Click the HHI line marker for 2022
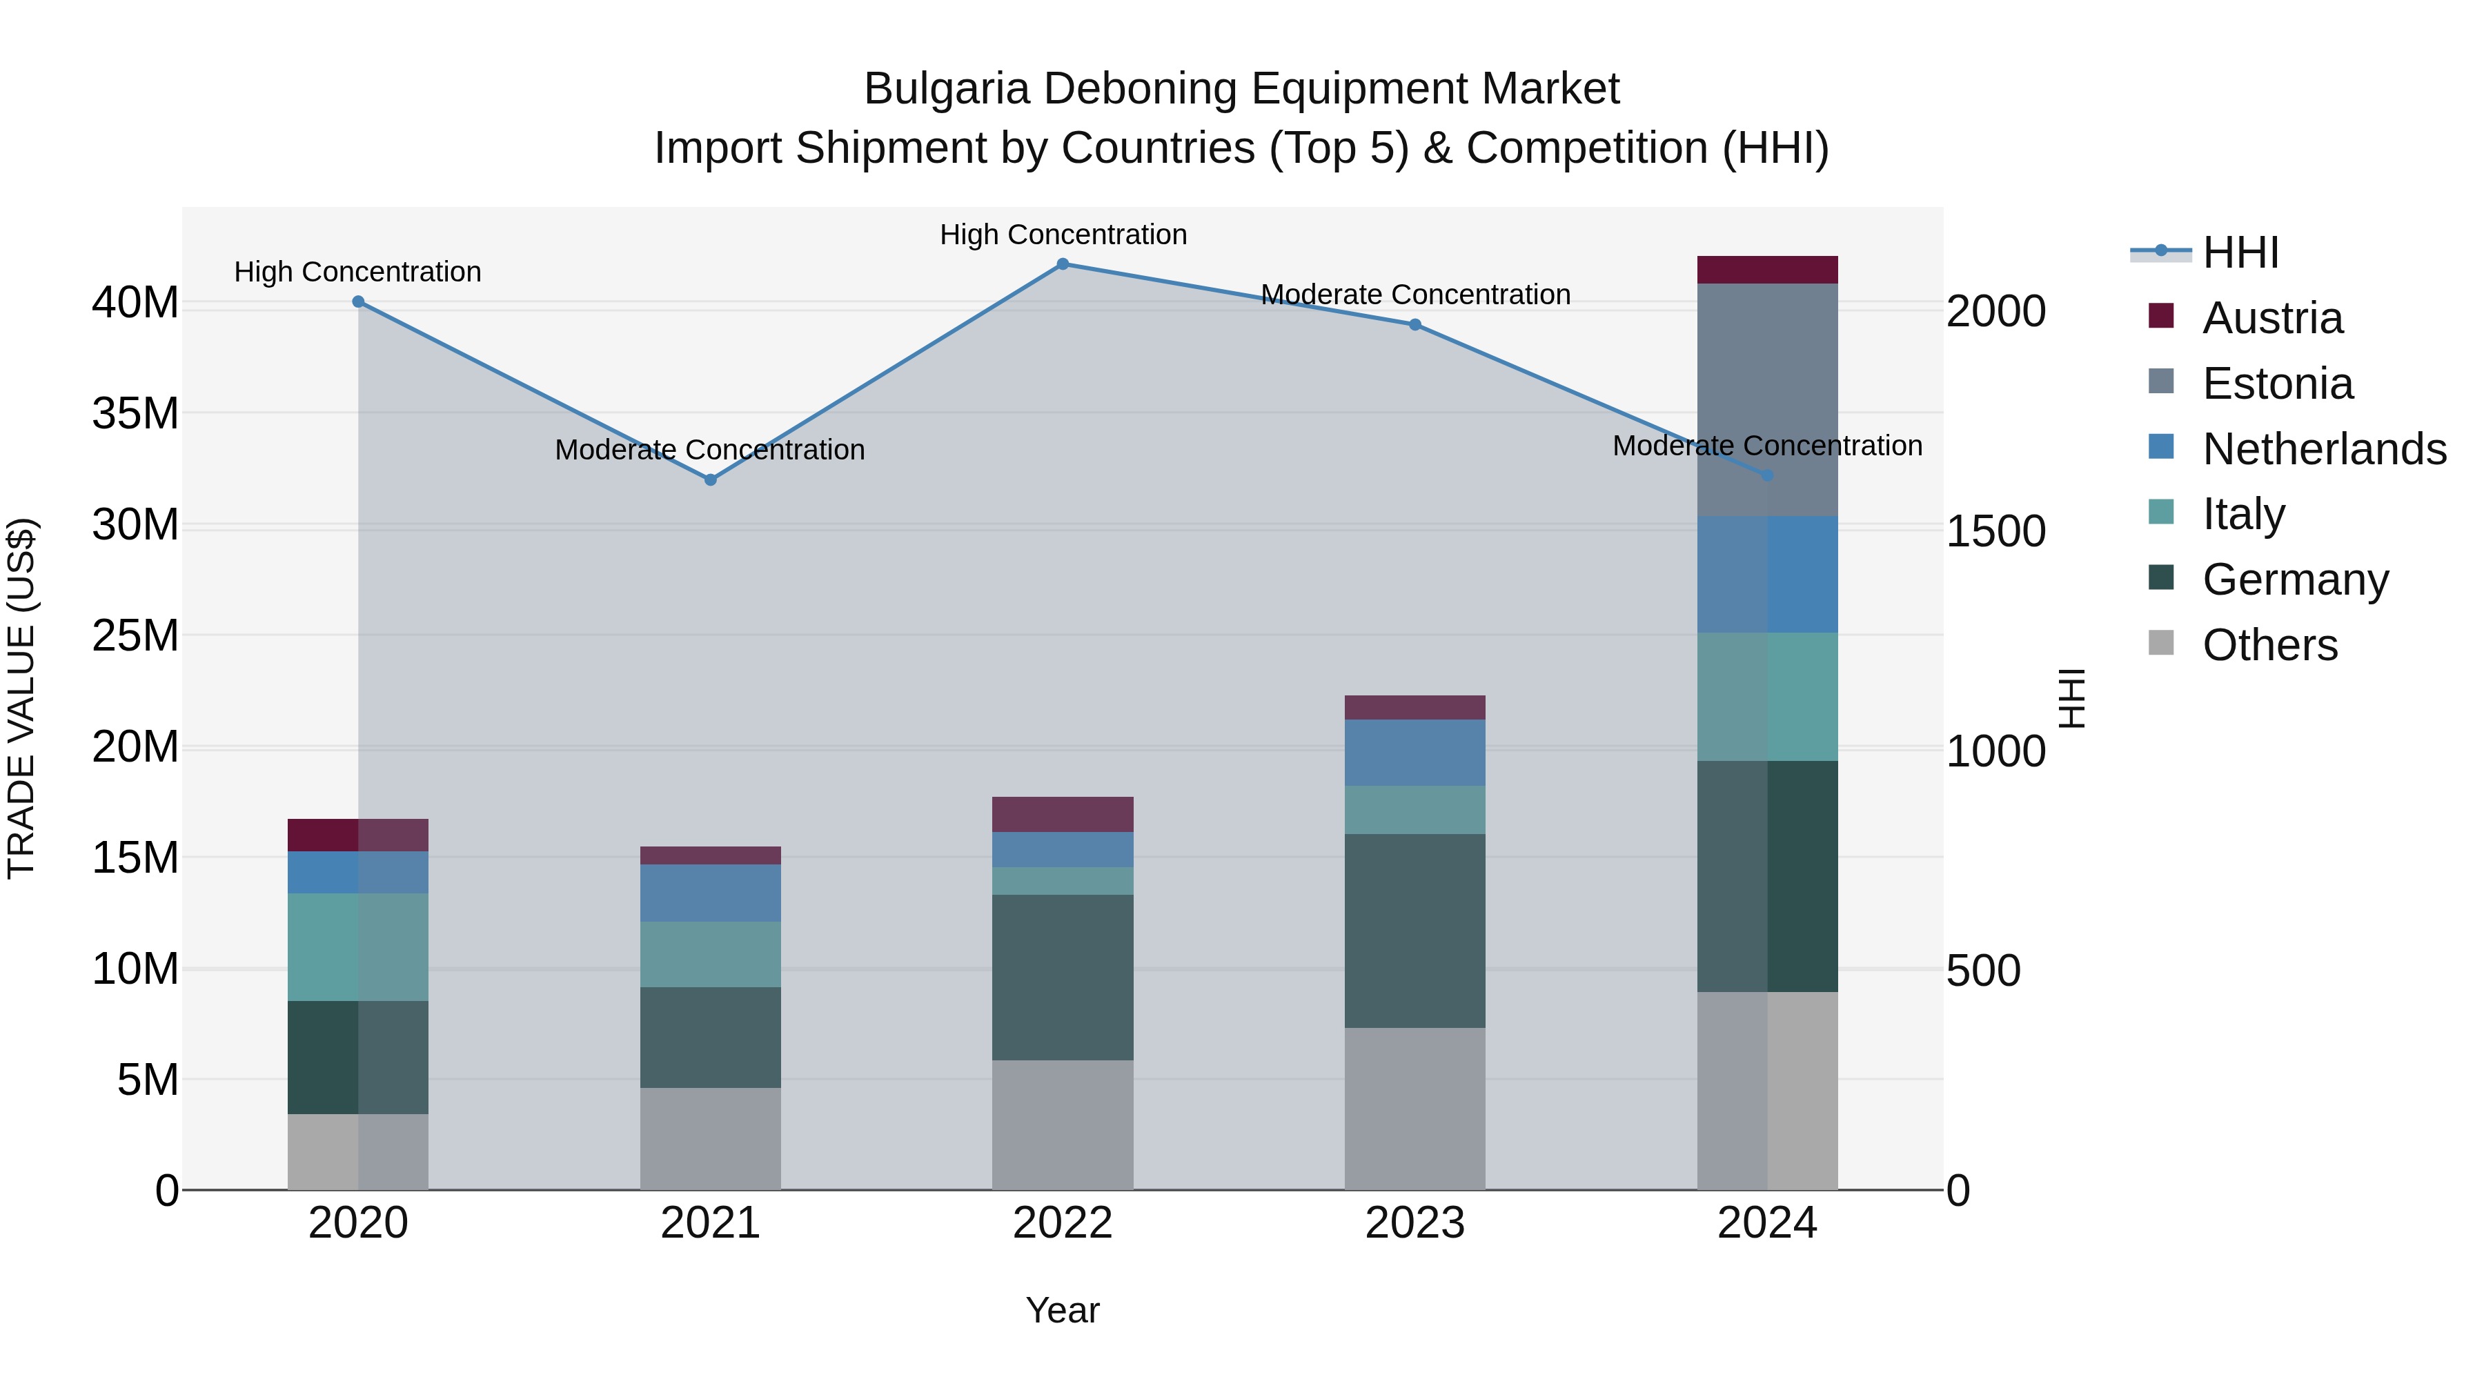tap(1063, 264)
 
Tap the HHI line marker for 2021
tap(711, 480)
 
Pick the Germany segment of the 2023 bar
tap(1414, 931)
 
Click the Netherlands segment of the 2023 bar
tap(1414, 752)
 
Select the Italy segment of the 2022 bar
tap(1063, 881)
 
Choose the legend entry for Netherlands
tap(2324, 449)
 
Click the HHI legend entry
tap(2240, 252)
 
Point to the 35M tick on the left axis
tap(135, 414)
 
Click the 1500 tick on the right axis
tap(1995, 531)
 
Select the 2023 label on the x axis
tap(1414, 1223)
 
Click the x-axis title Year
tap(1063, 1311)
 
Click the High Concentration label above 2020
tap(357, 272)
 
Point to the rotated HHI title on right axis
tap(2070, 698)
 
